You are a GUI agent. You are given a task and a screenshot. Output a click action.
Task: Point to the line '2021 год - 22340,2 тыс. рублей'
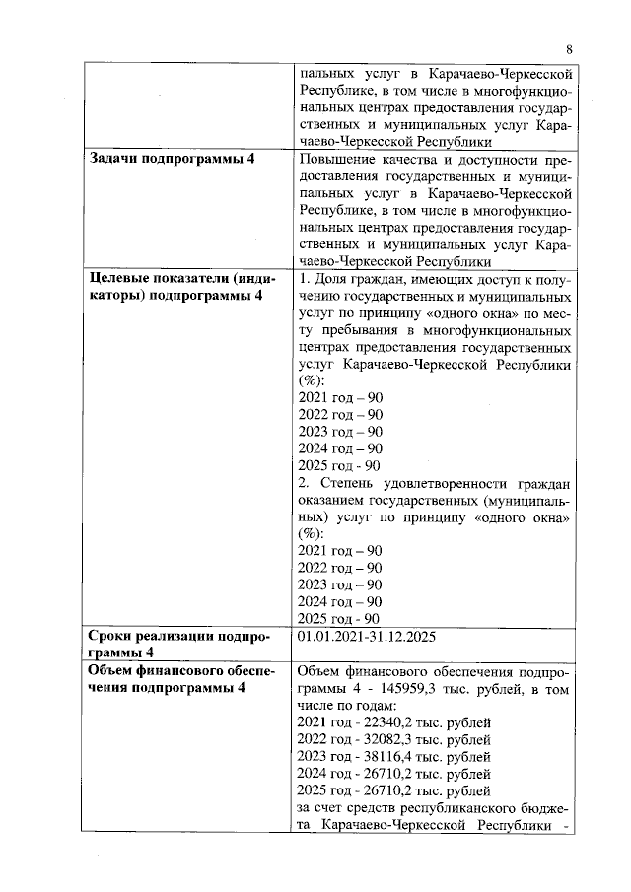click(393, 724)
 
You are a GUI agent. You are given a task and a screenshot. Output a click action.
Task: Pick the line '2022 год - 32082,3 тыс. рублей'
click(393, 740)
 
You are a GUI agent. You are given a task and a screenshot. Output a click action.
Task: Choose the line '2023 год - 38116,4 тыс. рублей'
click(393, 757)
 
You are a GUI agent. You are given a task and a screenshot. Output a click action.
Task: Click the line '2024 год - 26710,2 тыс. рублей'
click(393, 774)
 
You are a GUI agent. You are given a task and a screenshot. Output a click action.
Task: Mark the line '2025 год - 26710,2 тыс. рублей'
click(393, 790)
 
